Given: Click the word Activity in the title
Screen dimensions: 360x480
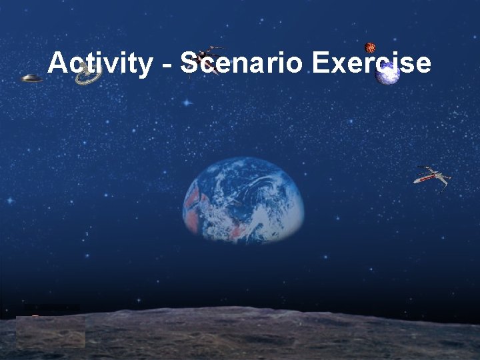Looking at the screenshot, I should [99, 64].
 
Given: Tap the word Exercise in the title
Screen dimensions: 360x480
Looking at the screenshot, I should [371, 64].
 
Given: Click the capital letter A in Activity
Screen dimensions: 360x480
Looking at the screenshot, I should [57, 63].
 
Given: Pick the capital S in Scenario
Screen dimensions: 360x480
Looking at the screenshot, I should [189, 63].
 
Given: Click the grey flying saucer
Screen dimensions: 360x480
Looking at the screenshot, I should [31, 79].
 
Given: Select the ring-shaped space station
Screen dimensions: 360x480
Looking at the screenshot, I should [88, 77].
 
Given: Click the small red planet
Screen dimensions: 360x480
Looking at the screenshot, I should [370, 47].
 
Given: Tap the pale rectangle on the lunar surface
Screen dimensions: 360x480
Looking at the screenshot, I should [51, 331].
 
